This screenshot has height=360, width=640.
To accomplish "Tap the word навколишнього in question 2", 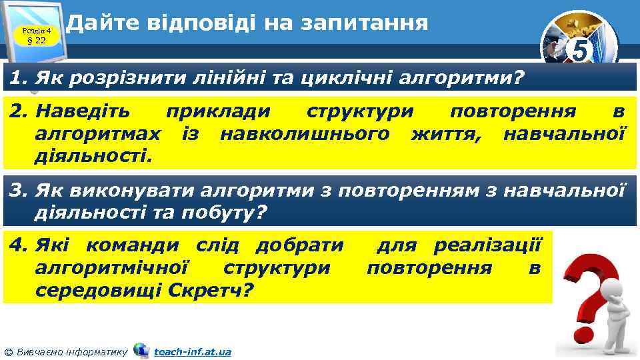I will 305,134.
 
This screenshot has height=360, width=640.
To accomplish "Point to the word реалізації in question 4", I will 489,247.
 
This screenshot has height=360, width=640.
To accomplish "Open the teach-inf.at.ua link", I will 192,351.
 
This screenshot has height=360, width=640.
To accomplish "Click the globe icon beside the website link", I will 141,350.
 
